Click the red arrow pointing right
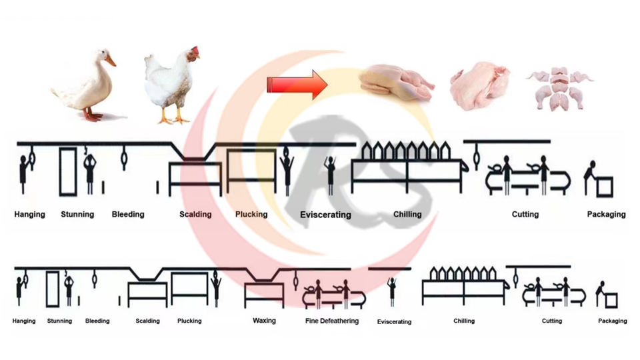(x=296, y=85)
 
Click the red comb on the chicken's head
(x=194, y=51)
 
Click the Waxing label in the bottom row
(x=264, y=321)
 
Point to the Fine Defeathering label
(x=332, y=321)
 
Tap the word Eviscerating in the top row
(x=325, y=215)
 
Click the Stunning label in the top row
(x=77, y=214)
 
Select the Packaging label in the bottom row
(x=612, y=321)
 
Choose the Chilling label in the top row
(x=407, y=214)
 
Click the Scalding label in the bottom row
(x=147, y=321)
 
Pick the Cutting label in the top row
(x=525, y=214)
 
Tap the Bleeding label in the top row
(x=128, y=214)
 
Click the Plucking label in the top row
(x=251, y=214)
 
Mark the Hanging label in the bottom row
(x=24, y=321)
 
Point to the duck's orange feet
(x=93, y=116)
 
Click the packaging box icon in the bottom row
(x=611, y=300)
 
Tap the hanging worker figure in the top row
(x=24, y=173)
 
